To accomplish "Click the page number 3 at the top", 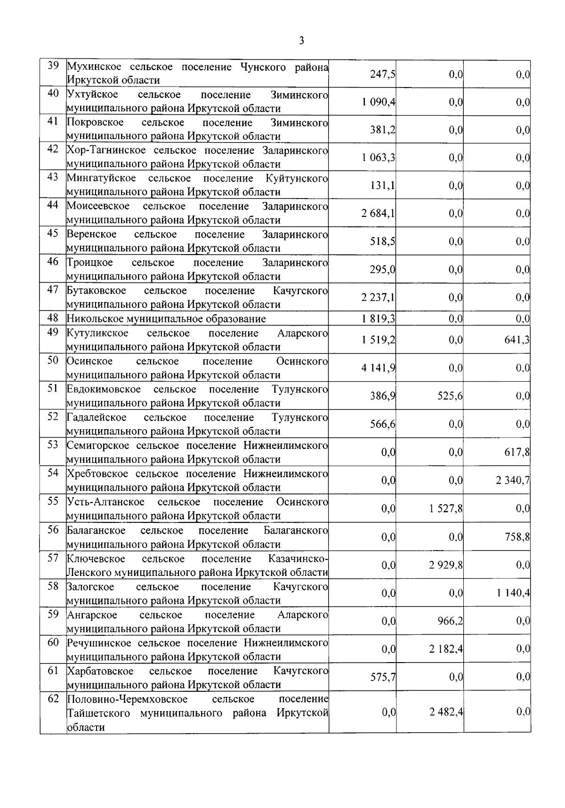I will [x=301, y=41].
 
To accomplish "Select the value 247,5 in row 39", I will [x=382, y=74].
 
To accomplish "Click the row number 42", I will [x=53, y=149].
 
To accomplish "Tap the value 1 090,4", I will [x=379, y=102].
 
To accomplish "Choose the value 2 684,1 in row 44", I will [x=379, y=214].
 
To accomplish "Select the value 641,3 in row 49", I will [x=517, y=340].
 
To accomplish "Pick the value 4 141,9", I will [x=379, y=368].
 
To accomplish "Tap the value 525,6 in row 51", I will [x=450, y=396].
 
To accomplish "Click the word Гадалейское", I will [x=97, y=417].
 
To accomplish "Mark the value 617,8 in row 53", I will [x=517, y=452].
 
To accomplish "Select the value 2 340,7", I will [x=513, y=480].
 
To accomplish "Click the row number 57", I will [x=53, y=558].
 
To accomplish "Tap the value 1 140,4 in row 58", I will [x=513, y=593].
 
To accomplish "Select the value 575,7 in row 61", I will [x=382, y=677].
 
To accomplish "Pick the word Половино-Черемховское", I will [x=127, y=699].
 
